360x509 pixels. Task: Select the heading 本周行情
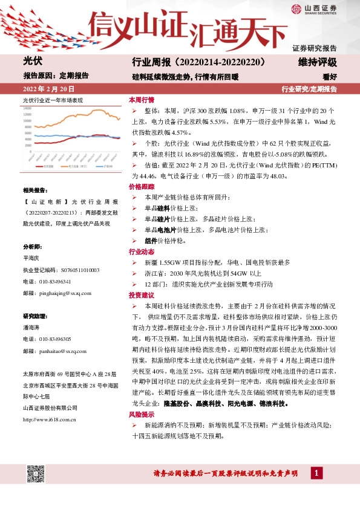(141, 100)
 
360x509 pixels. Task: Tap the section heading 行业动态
(141, 252)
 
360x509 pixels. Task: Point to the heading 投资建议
(141, 296)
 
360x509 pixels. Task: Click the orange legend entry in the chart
(76, 164)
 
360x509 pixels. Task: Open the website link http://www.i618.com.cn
(49, 401)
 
